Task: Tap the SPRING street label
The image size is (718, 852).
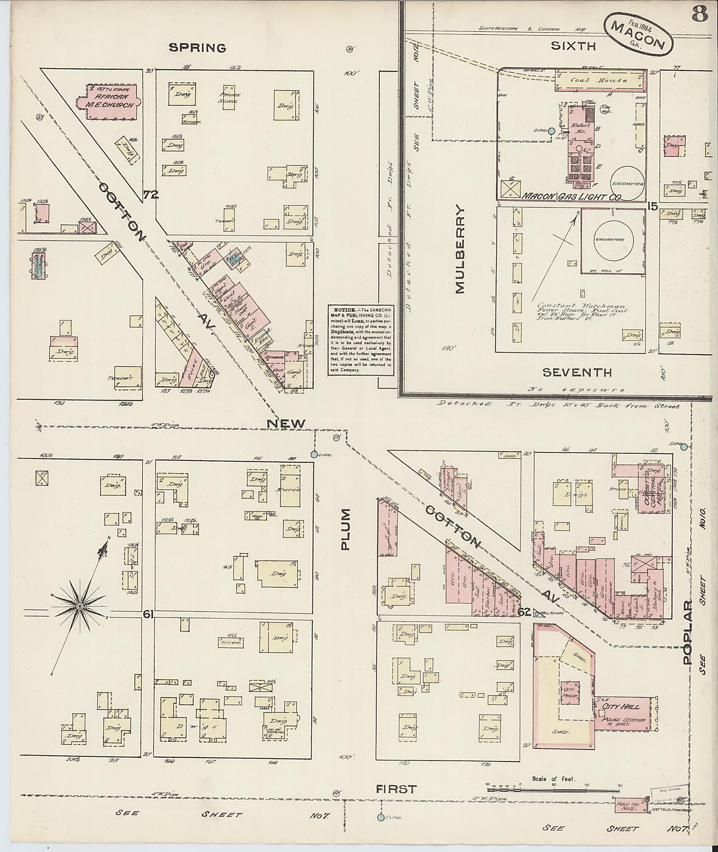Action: tap(197, 48)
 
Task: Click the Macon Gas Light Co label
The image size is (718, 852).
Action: tap(571, 197)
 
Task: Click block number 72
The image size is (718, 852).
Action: tap(151, 195)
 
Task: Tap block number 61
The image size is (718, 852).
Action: tap(148, 615)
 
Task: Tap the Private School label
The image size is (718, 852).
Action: tap(230, 98)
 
